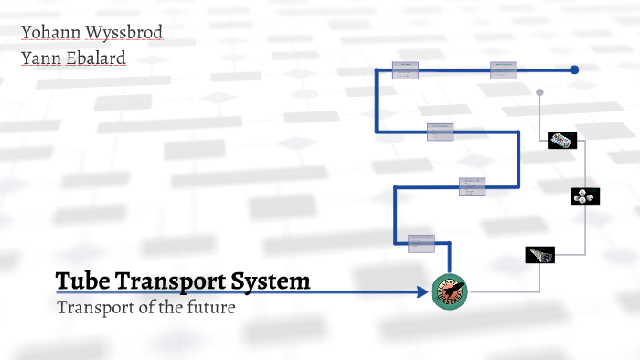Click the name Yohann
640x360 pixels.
(50, 34)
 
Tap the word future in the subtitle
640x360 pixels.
(209, 307)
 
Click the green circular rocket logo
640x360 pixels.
(449, 291)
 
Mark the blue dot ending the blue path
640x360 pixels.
(574, 69)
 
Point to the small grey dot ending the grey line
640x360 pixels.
(539, 91)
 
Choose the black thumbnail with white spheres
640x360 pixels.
(585, 196)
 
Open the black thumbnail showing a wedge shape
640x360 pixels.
(540, 256)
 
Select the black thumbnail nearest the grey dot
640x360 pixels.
(562, 141)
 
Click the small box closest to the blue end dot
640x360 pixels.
(504, 69)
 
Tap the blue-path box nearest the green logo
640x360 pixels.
(421, 242)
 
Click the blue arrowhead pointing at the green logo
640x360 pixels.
(423, 291)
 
